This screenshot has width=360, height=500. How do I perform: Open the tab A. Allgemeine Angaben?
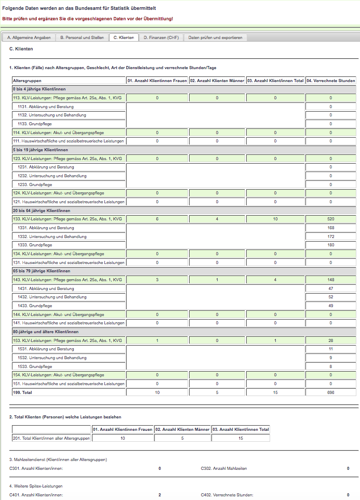pos(29,37)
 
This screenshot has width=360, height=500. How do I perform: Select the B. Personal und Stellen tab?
pos(82,37)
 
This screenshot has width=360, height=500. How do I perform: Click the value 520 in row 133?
pos(331,219)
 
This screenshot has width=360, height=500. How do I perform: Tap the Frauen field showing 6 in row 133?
pos(157,219)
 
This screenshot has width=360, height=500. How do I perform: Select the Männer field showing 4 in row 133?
pos(217,219)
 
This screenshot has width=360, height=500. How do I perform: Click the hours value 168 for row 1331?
pos(331,228)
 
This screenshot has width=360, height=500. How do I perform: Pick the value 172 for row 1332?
pos(331,236)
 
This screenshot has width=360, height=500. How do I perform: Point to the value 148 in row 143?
pos(331,280)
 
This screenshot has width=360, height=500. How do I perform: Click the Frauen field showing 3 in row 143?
pos(157,280)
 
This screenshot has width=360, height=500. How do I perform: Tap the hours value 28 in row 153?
pos(331,340)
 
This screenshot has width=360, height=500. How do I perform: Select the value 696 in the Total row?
pos(331,392)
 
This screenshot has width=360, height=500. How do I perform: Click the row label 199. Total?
pos(23,392)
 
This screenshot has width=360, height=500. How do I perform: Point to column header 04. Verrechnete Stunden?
pos(331,81)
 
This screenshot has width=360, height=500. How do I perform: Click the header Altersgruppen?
pos(27,81)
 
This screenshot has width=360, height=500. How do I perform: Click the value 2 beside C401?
pos(159,495)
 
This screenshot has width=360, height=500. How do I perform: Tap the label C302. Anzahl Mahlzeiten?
pos(224,468)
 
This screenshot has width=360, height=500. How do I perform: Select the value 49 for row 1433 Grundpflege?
pos(331,306)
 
